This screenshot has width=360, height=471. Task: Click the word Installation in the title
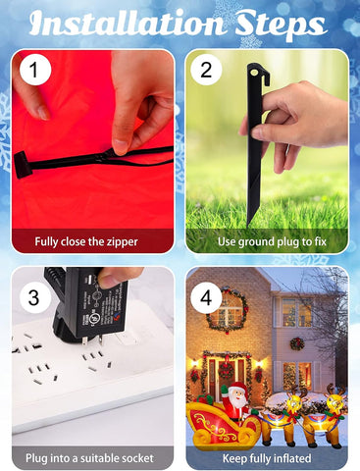pyautogui.click(x=127, y=23)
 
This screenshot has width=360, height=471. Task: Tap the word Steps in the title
pyautogui.click(x=281, y=26)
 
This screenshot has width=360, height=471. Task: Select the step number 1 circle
pyautogui.click(x=35, y=70)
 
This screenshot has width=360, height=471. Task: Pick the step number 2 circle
pyautogui.click(x=206, y=70)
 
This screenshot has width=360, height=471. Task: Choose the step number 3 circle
pyautogui.click(x=35, y=298)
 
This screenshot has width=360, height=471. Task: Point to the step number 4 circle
pyautogui.click(x=206, y=298)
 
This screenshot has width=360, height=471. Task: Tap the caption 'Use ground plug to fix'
pyautogui.click(x=272, y=242)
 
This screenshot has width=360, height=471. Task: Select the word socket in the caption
pyautogui.click(x=136, y=458)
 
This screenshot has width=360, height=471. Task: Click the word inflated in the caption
pyautogui.click(x=292, y=458)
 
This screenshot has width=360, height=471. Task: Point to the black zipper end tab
pyautogui.click(x=23, y=165)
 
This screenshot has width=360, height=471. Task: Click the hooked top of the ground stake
pyautogui.click(x=258, y=73)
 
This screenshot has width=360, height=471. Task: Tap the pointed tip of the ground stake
pyautogui.click(x=249, y=223)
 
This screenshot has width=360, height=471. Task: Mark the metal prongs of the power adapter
pyautogui.click(x=93, y=340)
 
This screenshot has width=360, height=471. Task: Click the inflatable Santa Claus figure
pyautogui.click(x=234, y=401)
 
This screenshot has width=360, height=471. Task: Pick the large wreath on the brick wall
pyautogui.click(x=227, y=310)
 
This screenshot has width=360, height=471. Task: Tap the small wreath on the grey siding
pyautogui.click(x=297, y=343)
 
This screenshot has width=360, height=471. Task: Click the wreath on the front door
pyautogui.click(x=227, y=371)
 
